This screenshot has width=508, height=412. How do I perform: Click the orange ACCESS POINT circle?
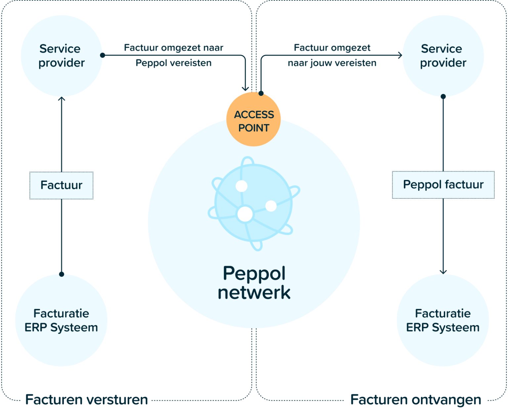coord(253,120)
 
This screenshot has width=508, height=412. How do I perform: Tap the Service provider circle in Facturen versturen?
coord(62,56)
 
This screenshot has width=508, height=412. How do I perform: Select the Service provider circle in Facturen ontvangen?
coord(443,56)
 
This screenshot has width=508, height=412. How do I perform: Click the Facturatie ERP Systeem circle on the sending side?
coord(62,320)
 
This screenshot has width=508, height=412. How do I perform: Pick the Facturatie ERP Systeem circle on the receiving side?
coord(443,320)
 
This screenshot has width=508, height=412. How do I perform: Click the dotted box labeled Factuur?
coord(62,185)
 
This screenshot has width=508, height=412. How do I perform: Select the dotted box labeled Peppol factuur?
coord(443,185)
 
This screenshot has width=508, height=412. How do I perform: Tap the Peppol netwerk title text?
coord(254,283)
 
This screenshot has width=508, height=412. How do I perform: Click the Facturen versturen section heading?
coord(87,399)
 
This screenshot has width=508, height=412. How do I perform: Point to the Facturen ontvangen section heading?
coord(416,399)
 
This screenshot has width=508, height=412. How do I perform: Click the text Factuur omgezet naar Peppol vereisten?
coord(174,55)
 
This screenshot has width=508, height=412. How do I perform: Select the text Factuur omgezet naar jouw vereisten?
coord(332,55)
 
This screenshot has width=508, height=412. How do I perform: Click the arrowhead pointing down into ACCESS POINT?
coord(245,89)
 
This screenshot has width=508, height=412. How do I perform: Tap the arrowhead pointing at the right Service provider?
coord(400,55)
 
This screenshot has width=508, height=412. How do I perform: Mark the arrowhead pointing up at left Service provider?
coord(62,99)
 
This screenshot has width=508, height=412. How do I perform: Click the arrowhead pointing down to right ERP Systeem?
coord(443,272)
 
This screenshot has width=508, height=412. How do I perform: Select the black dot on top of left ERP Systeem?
coord(62,274)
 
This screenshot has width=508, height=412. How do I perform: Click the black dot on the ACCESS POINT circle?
coord(261,93)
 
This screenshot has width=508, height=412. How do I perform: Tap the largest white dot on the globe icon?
coord(245,214)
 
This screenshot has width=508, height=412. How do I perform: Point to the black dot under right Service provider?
coord(443,97)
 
